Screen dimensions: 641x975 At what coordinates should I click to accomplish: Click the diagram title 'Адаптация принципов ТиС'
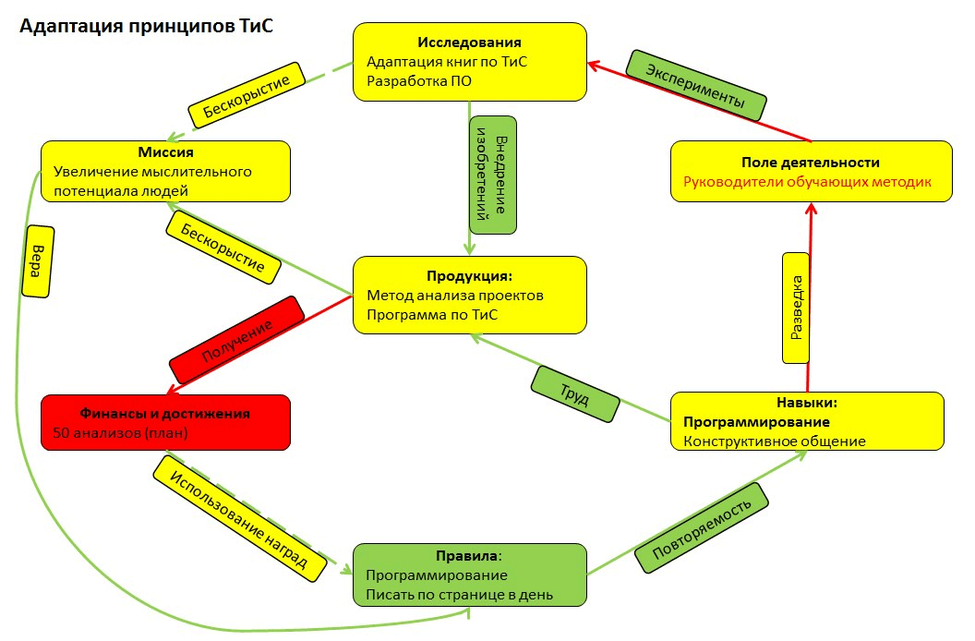click(147, 27)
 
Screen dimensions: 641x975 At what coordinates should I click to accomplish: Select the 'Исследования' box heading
click(469, 42)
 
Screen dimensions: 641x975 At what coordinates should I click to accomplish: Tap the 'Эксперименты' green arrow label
click(695, 86)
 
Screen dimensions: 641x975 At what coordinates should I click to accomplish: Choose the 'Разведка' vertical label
click(797, 307)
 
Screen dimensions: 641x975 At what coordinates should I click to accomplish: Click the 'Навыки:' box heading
click(806, 403)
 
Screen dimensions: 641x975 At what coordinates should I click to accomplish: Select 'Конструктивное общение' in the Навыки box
click(774, 441)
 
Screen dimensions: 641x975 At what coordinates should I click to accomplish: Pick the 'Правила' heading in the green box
click(468, 556)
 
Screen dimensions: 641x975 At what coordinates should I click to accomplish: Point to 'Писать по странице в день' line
click(459, 594)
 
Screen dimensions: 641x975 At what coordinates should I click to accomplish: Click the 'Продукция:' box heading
click(468, 276)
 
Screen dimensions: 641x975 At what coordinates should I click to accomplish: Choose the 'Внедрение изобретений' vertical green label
click(493, 175)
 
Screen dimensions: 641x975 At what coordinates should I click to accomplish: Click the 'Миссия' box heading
click(166, 151)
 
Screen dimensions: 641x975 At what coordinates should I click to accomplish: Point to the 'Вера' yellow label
click(37, 260)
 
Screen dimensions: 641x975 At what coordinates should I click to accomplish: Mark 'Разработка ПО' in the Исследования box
click(413, 81)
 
